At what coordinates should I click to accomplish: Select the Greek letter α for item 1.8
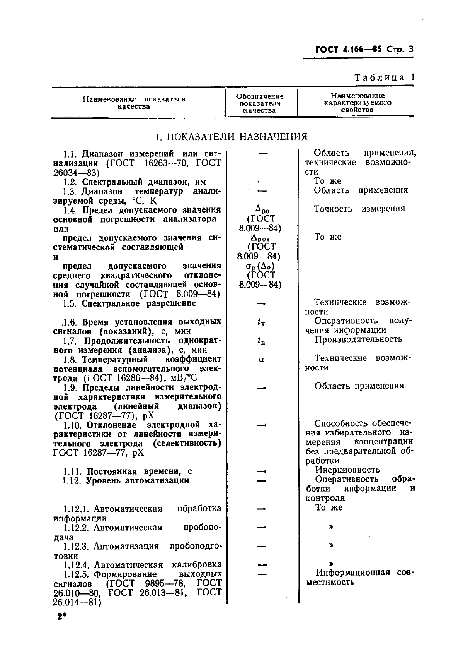tap(262, 359)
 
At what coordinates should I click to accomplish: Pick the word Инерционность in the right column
tap(347, 470)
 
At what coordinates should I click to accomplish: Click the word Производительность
tap(358, 339)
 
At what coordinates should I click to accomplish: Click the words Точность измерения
tap(359, 209)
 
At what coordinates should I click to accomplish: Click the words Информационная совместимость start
tap(353, 573)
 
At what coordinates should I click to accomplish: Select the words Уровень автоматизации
tap(137, 480)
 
